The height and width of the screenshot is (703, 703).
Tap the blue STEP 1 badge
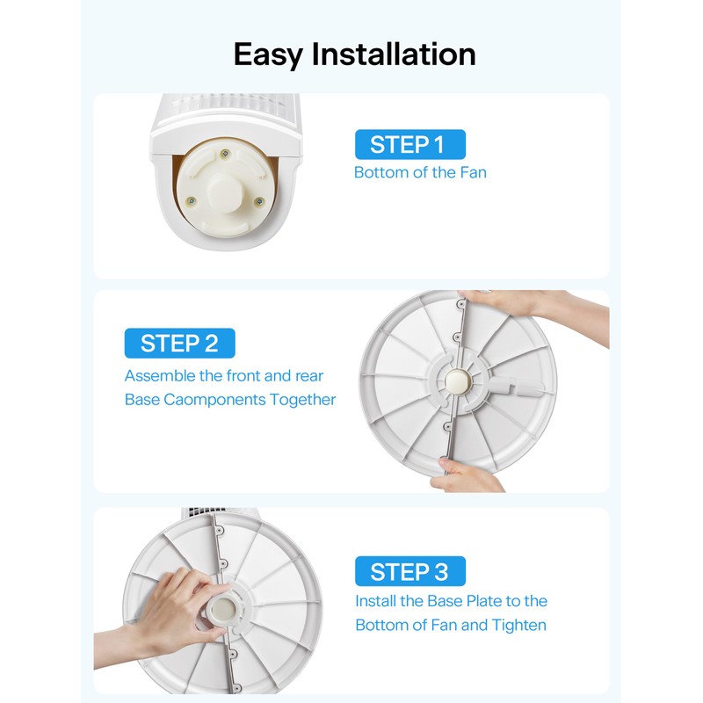coord(409,144)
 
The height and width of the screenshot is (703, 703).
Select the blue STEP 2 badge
coord(179,343)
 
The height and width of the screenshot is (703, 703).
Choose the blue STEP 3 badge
coord(409,572)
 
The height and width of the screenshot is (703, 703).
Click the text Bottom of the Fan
coord(420,172)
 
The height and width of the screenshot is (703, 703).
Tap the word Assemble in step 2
coord(160,376)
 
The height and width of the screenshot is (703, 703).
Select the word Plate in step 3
coord(475,601)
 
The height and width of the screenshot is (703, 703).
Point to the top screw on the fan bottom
coord(227,156)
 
